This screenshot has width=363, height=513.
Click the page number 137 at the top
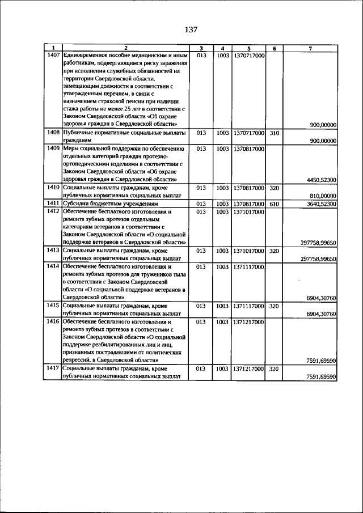[190, 29]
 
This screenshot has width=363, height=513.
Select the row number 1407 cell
[53, 56]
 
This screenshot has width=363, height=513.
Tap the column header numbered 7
[310, 48]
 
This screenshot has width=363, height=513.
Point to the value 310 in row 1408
[273, 133]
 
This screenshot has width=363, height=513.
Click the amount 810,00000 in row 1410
[324, 195]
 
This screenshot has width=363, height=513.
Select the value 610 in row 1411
[273, 203]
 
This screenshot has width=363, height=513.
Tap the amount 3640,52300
[322, 203]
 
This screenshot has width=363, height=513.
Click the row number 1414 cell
[53, 266]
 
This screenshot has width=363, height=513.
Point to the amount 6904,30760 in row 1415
[322, 313]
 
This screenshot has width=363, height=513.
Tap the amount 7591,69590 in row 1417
[322, 376]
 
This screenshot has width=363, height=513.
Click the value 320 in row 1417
[273, 368]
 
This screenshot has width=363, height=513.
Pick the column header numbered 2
[126, 48]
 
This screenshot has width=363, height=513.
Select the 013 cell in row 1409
[201, 149]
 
